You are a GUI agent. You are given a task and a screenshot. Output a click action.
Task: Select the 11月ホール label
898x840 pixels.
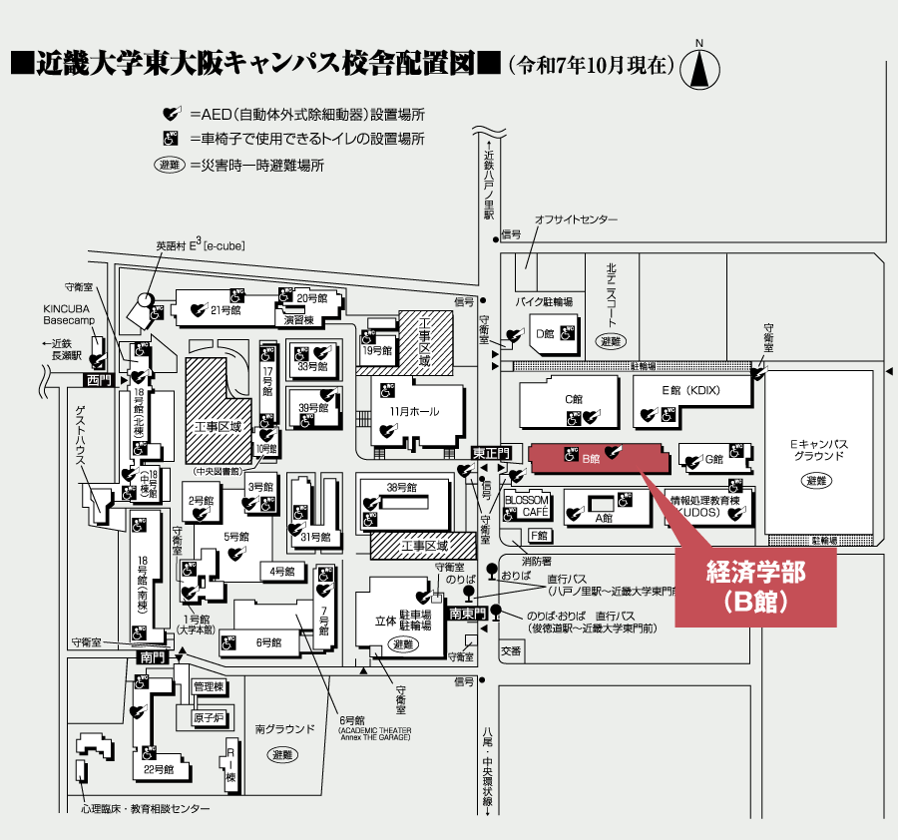414,412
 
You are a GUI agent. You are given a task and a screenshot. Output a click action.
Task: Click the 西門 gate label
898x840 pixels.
96,380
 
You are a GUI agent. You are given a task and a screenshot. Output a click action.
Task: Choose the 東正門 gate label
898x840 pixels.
491,454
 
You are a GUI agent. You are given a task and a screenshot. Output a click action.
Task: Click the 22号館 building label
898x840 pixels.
159,770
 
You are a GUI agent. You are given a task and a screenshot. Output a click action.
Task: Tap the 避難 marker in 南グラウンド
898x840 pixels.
283,755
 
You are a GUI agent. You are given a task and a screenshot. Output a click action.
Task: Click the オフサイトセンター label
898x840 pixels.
576,219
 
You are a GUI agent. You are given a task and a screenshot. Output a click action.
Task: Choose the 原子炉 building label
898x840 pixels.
208,717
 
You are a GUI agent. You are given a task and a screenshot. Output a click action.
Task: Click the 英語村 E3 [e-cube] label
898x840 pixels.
200,244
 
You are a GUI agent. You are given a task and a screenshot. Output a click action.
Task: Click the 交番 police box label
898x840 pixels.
512,650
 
